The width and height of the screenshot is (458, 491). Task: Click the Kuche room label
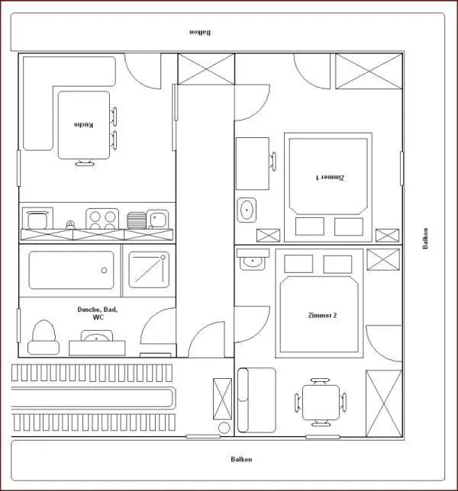83,124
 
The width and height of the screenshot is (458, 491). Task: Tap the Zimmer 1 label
330,178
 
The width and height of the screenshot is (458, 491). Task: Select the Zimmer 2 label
322,316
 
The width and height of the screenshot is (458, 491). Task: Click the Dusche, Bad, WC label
98,313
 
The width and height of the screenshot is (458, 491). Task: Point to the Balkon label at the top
200,32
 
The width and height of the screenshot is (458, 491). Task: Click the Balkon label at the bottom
241,460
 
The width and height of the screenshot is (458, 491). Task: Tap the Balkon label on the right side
425,239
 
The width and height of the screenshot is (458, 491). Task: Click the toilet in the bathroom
44,338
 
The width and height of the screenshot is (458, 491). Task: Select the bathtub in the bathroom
71,270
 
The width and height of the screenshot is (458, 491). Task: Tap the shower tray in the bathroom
149,270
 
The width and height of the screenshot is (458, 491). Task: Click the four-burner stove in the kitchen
102,219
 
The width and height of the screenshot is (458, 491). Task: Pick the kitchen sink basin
158,220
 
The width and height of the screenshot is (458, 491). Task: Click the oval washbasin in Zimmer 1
247,210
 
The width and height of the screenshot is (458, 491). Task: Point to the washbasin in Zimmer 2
253,262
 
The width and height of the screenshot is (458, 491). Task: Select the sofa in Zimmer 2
256,400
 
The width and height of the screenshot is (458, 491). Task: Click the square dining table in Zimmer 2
321,403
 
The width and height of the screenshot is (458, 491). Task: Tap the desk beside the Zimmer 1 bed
253,163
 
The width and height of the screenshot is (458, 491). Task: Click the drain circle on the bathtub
104,270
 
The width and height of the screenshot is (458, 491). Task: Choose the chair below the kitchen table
84,163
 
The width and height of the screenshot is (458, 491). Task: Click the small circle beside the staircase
224,428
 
